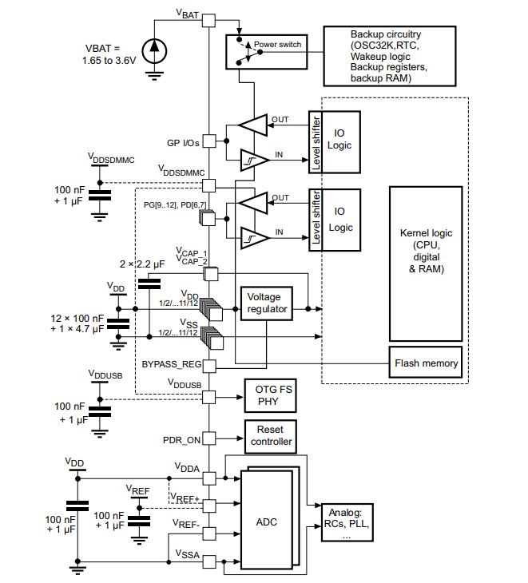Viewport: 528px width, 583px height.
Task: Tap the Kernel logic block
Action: tap(425, 252)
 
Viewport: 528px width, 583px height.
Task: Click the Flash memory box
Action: tap(426, 363)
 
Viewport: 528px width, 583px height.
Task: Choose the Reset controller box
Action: tap(271, 435)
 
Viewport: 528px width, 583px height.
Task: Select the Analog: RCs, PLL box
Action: tap(346, 524)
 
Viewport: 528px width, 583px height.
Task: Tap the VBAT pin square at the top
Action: tap(208, 22)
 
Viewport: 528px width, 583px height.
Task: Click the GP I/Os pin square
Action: tap(208, 141)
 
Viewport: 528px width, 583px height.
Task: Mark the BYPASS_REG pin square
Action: tap(208, 366)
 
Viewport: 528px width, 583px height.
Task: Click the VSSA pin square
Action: tap(208, 561)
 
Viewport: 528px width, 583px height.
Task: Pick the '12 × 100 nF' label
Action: tap(77, 318)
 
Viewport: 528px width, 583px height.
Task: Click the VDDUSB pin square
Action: tap(208, 395)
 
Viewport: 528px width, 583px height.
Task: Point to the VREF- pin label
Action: tap(185, 524)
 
